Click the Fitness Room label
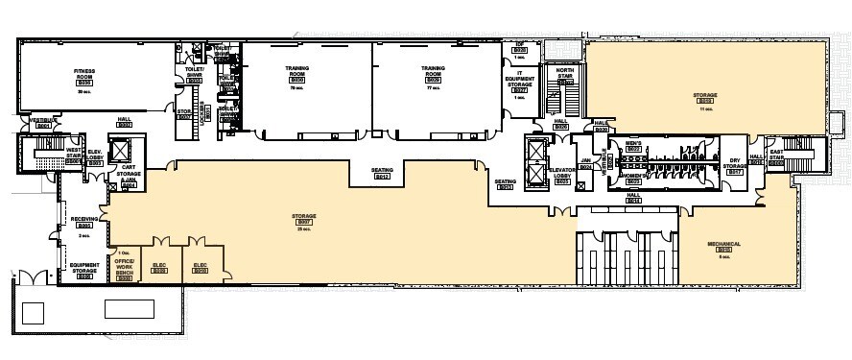point(84,76)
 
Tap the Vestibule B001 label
point(42,122)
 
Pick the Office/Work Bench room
point(124,266)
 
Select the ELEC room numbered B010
point(201,268)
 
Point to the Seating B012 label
point(381,174)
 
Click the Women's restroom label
point(632,177)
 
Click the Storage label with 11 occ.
point(706,97)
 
